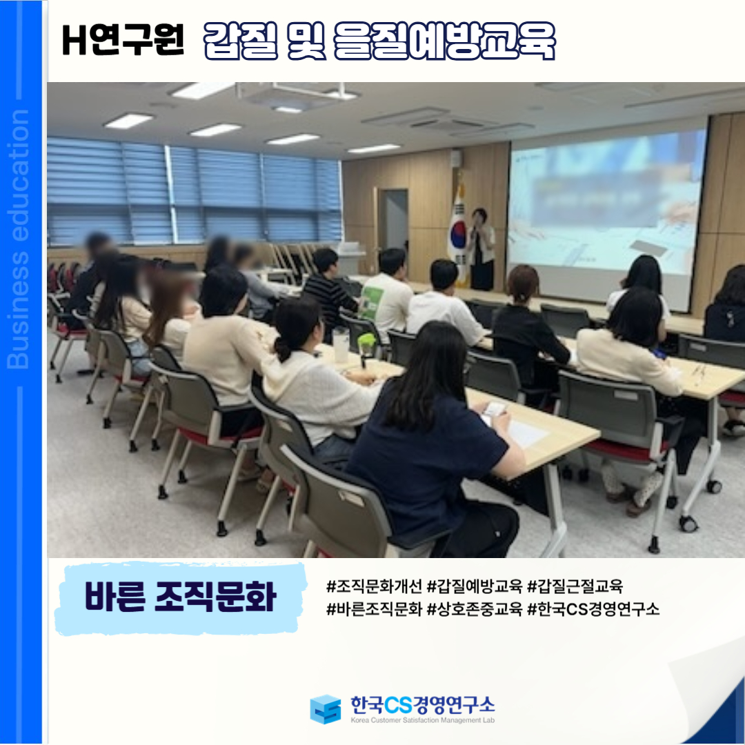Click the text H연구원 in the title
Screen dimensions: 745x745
123,40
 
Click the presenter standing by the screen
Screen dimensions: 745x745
481,249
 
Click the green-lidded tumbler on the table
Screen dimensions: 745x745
366,348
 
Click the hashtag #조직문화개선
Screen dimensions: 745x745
374,586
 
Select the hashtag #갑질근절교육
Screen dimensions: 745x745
575,586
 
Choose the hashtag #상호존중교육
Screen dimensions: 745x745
475,608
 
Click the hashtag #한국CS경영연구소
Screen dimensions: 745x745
593,608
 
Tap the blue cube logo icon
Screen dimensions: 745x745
326,709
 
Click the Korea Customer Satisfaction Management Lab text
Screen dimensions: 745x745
422,720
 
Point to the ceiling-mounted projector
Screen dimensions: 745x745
295,95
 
